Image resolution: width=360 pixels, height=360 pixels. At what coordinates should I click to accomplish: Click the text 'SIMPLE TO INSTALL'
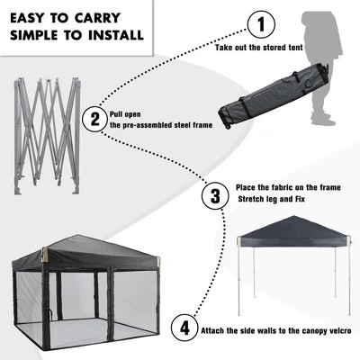(77, 36)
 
